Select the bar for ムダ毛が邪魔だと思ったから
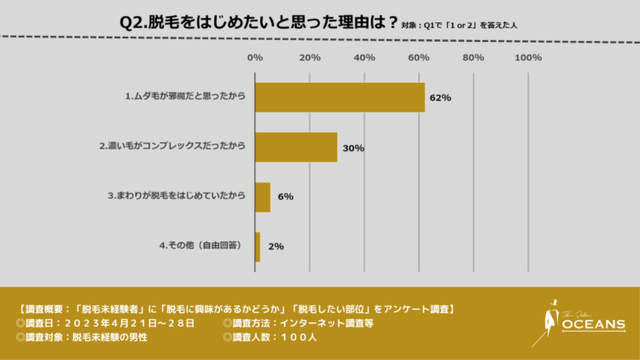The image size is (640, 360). point(340,96)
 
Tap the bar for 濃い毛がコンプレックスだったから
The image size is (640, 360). point(296,147)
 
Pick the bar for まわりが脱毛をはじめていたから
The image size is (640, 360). point(263,196)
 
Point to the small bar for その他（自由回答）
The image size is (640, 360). point(258,246)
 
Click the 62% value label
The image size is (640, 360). point(440,97)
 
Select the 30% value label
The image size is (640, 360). point(352,148)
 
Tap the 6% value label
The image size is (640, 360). point(285,196)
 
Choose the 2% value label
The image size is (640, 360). point(276,246)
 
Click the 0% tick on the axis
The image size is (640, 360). point(254,58)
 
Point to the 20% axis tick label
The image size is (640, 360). point(310,58)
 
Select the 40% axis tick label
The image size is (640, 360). point(364,58)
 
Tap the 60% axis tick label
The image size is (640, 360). point(419,58)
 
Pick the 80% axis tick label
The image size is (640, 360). point(474,58)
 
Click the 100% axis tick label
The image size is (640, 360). point(528,58)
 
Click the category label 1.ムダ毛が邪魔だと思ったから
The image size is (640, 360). point(184,96)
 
